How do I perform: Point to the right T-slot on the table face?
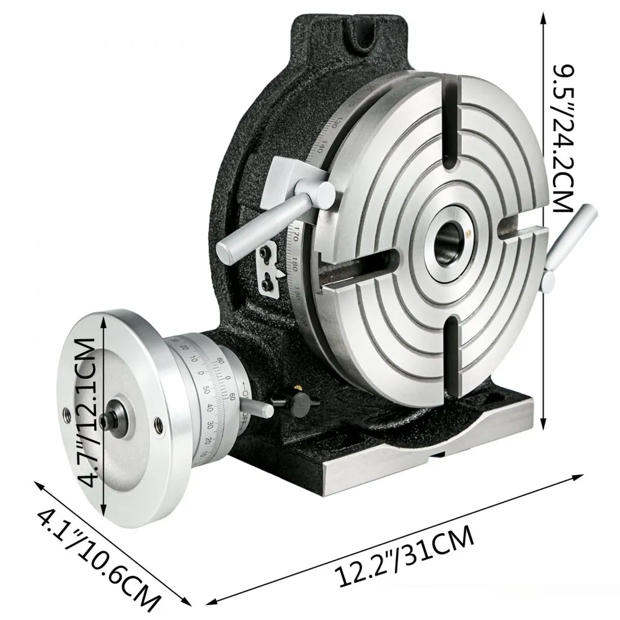tap(525, 235)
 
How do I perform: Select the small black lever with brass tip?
tap(291, 397)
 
